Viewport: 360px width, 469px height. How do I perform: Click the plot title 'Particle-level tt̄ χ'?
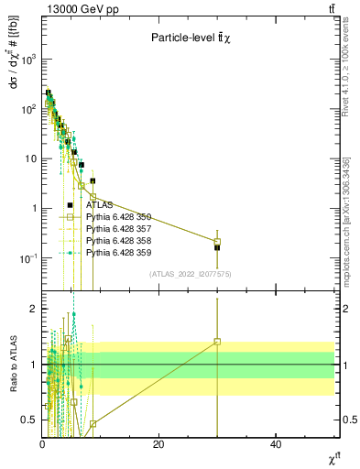[191, 38]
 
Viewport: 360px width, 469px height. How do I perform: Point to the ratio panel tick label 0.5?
[28, 420]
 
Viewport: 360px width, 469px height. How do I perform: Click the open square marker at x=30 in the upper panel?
[217, 242]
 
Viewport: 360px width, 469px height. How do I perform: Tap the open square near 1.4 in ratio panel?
[217, 342]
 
